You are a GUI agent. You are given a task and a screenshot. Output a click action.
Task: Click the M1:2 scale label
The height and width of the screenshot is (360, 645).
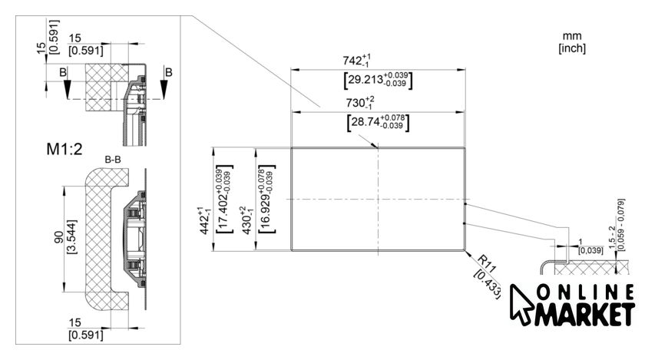[64, 148]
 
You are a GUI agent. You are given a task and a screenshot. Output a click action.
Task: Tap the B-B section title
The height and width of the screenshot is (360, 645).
[113, 160]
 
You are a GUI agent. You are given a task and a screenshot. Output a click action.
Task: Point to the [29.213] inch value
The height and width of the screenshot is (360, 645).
[378, 80]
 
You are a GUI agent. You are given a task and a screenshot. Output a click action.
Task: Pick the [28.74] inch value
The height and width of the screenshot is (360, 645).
[378, 123]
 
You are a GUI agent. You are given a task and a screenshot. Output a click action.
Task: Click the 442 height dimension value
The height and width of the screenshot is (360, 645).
[205, 221]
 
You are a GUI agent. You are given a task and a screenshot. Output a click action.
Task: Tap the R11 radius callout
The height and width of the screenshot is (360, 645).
[488, 264]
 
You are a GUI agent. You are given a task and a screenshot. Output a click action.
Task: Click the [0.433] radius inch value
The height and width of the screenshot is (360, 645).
[488, 284]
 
